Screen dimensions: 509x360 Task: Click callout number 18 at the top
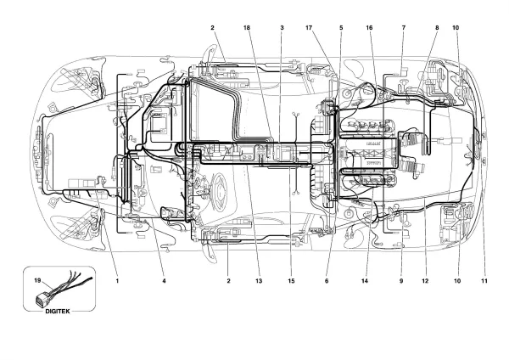(x=247, y=28)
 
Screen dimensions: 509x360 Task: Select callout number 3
(x=282, y=28)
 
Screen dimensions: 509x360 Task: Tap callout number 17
(x=309, y=28)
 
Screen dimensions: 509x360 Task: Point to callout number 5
(x=341, y=28)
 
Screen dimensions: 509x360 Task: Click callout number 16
(x=369, y=28)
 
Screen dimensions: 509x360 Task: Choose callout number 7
(x=404, y=28)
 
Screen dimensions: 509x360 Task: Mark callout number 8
(x=437, y=28)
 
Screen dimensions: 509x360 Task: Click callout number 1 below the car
(x=117, y=281)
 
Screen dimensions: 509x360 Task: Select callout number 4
(x=164, y=281)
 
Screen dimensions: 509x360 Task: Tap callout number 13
(x=259, y=281)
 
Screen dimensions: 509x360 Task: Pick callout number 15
(x=291, y=281)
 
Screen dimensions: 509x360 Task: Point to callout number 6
(x=327, y=281)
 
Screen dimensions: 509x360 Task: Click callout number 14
(x=365, y=281)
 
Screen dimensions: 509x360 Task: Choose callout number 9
(x=401, y=281)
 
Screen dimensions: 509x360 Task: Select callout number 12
(x=425, y=281)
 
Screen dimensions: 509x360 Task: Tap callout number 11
(x=484, y=281)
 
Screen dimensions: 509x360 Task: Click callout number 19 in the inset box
(x=37, y=280)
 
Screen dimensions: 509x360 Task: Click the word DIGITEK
(x=58, y=312)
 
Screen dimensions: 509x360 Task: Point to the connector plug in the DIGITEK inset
(x=42, y=298)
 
